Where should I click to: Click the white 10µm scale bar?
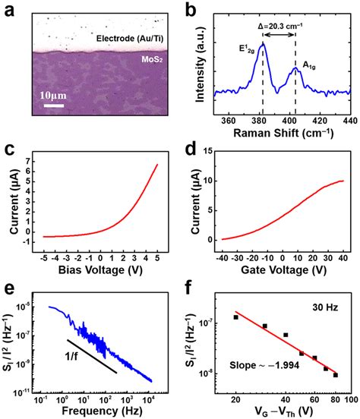(52, 105)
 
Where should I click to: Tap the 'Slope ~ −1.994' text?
(258, 366)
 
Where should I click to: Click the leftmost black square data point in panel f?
(235, 317)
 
